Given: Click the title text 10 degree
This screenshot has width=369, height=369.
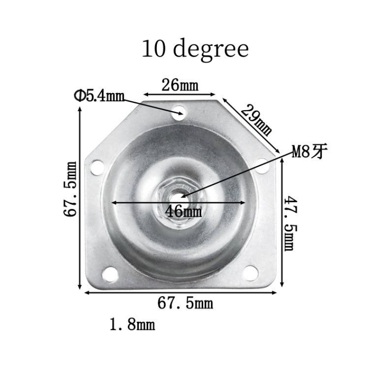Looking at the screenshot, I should click(x=195, y=49).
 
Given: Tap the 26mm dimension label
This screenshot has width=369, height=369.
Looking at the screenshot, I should click(x=180, y=85).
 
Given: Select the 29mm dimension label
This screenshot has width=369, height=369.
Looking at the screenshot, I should click(x=256, y=120).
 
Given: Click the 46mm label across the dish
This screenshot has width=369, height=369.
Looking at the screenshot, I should click(x=184, y=212).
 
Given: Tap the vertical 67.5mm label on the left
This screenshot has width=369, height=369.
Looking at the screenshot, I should click(x=71, y=189).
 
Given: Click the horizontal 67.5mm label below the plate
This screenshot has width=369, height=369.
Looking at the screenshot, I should click(x=185, y=303).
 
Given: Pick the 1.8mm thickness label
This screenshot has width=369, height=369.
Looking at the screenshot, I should click(x=132, y=324).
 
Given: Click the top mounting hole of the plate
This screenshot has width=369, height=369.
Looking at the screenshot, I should click(x=179, y=113).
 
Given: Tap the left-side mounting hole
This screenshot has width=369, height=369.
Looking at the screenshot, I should click(x=97, y=167).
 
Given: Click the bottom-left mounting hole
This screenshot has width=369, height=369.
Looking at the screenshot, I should click(x=110, y=274).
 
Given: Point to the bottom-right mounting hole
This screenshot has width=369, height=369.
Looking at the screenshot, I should click(x=250, y=272).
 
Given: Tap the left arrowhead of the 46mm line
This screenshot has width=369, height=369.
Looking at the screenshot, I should click(x=113, y=202).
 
